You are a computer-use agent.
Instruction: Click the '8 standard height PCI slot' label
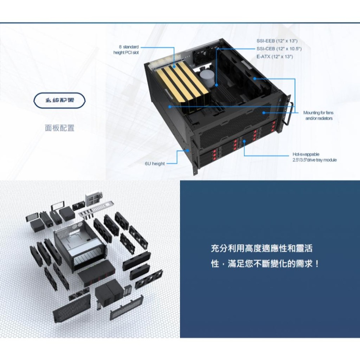click(x=126, y=50)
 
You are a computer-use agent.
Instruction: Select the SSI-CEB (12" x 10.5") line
click(x=279, y=49)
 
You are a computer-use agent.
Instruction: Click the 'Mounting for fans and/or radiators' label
click(x=318, y=116)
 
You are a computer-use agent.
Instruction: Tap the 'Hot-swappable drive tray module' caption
click(x=314, y=157)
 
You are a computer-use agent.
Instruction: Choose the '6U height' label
click(x=155, y=164)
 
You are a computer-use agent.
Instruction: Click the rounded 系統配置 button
click(x=60, y=100)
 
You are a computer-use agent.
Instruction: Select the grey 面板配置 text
click(x=60, y=128)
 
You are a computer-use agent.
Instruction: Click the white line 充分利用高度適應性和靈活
click(x=262, y=248)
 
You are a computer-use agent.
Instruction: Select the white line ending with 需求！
click(x=265, y=264)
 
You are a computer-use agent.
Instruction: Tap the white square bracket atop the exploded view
click(x=92, y=199)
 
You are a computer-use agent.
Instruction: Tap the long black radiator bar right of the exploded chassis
click(x=137, y=261)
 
